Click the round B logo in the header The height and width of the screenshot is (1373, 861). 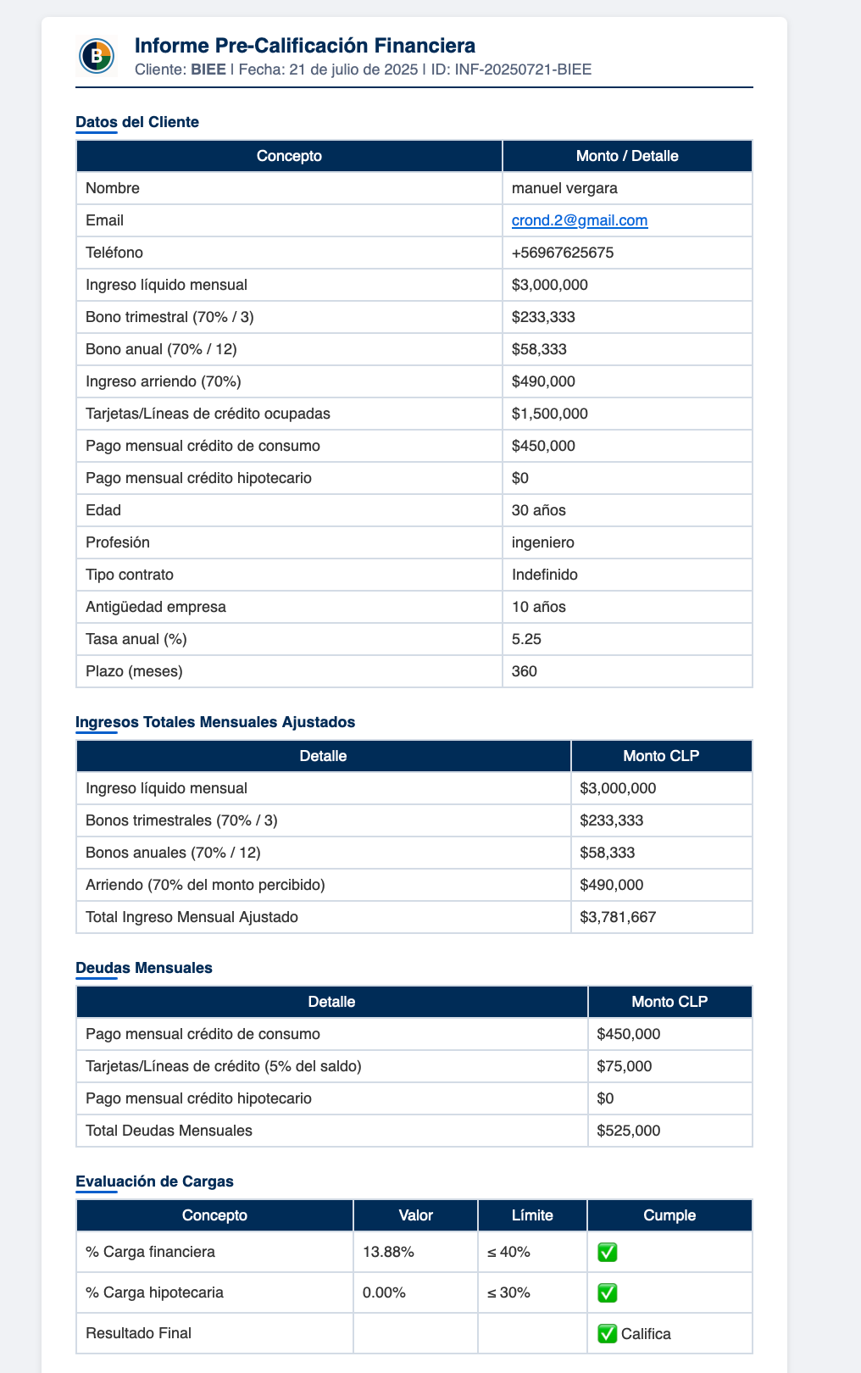tap(97, 57)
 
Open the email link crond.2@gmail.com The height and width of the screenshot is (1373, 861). tap(580, 220)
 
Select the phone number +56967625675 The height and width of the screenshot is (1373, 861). tap(563, 253)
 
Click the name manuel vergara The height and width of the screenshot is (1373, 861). tap(564, 188)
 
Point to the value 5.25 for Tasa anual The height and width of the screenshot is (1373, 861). tap(526, 639)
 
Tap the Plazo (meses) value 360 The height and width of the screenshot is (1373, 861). tap(525, 671)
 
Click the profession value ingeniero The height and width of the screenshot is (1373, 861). tap(542, 542)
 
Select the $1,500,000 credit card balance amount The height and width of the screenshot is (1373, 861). tap(550, 414)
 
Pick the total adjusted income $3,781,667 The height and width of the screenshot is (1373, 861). tap(618, 917)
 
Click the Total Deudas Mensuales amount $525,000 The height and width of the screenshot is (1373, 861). tap(629, 1131)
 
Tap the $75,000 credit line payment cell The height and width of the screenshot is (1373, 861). tap(625, 1066)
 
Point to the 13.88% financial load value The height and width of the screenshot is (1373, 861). tap(388, 1252)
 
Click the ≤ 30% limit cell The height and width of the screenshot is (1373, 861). tap(509, 1292)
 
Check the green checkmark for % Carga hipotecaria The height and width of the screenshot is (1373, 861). tap(607, 1292)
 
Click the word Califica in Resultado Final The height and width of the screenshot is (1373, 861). tap(646, 1333)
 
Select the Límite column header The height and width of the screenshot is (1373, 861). tap(532, 1215)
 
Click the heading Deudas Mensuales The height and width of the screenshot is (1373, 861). tap(144, 968)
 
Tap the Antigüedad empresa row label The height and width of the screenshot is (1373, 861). tap(156, 607)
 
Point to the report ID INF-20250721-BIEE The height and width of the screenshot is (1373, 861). tap(523, 69)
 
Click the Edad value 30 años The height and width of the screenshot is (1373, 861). tap(539, 510)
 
